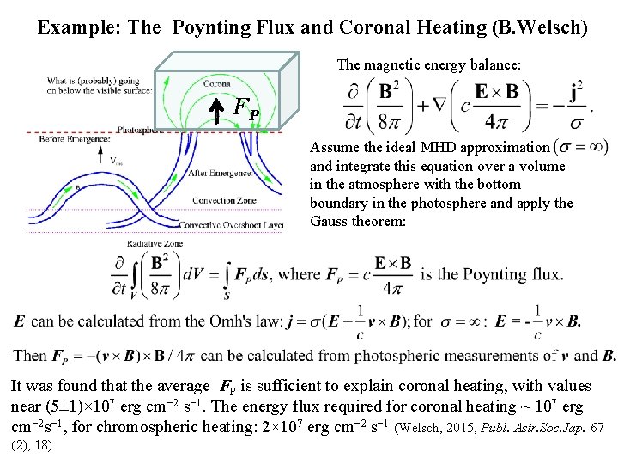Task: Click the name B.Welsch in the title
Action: click(541, 27)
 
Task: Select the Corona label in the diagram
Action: click(216, 83)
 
